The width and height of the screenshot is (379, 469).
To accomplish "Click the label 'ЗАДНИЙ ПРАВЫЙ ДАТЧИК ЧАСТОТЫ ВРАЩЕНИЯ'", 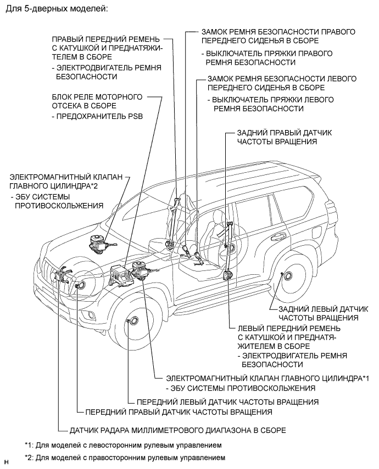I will click(284, 137).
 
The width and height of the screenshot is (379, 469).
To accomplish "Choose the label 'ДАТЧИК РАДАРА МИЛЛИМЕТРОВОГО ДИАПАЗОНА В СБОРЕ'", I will click(178, 430).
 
